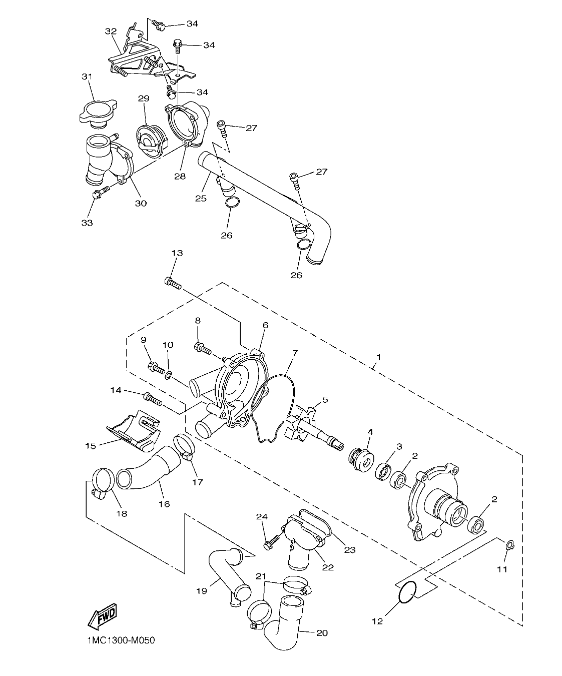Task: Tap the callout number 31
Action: pos(87,77)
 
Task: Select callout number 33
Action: pos(87,223)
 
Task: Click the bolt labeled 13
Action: pos(172,283)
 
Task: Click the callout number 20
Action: pos(322,633)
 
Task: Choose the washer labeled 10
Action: pos(168,375)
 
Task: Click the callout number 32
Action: pos(110,31)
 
